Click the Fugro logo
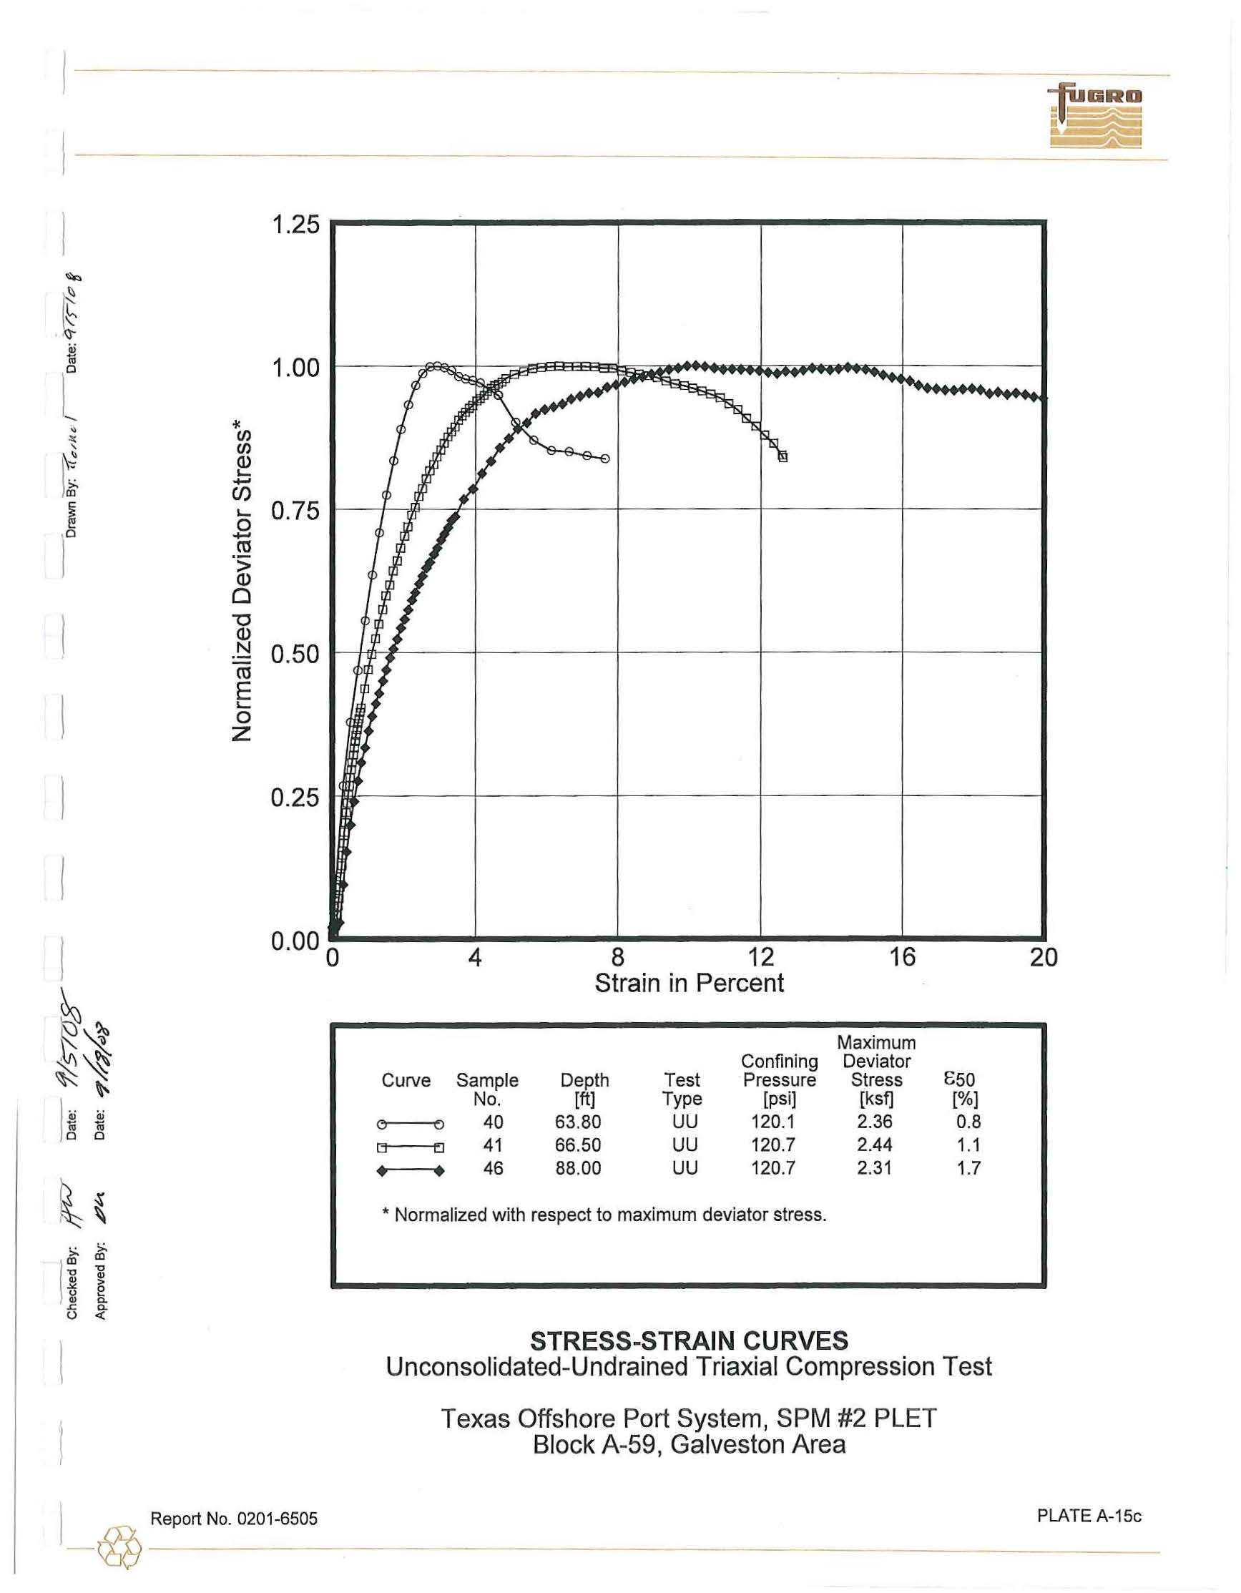click(1095, 116)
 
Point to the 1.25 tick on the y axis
click(295, 225)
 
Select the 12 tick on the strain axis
click(760, 956)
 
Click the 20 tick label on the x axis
click(1044, 956)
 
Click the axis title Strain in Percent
click(689, 984)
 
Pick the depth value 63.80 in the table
click(578, 1122)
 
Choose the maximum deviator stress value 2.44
click(875, 1145)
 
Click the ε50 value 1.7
click(968, 1169)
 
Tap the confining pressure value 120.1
click(773, 1122)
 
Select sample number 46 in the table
click(494, 1169)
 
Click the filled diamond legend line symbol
click(410, 1172)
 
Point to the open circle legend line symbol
click(410, 1124)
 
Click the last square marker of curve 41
click(783, 457)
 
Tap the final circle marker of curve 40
click(605, 459)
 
